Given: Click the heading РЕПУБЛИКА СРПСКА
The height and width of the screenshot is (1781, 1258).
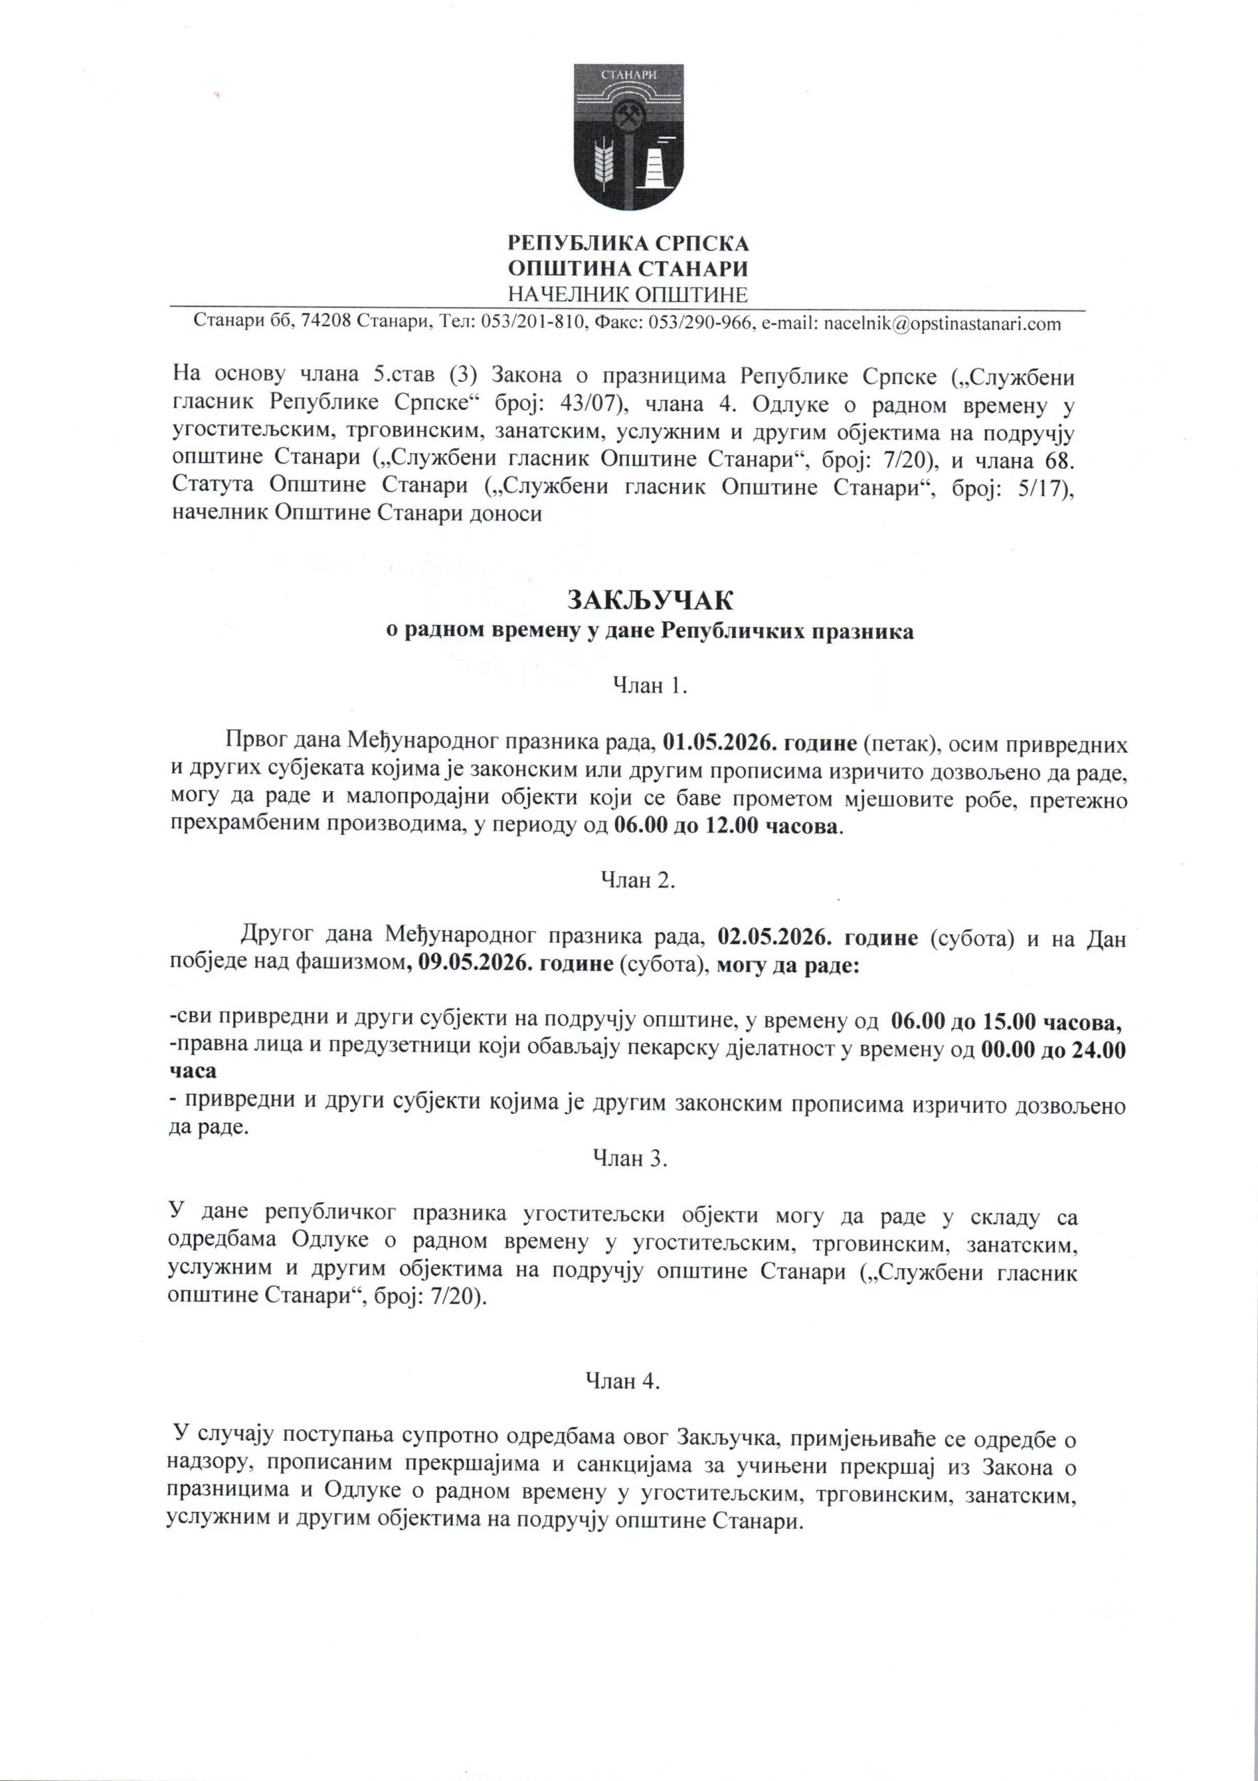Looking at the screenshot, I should coord(628,243).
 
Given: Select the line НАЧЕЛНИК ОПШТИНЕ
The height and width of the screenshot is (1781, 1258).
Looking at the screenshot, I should coord(628,295).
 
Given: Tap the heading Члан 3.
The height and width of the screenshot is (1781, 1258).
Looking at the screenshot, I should coord(630,1158).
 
